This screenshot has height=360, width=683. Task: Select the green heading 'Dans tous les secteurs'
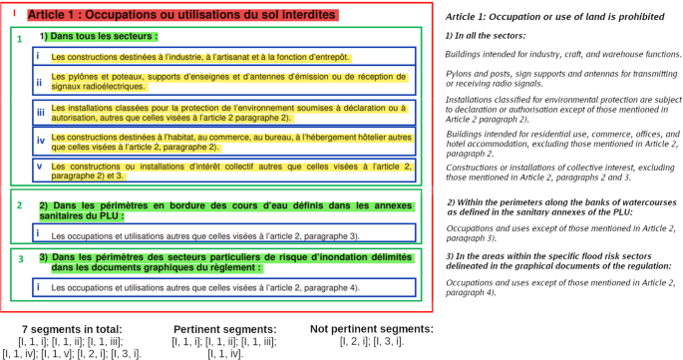tap(104, 36)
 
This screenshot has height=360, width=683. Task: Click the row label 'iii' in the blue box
tap(39, 112)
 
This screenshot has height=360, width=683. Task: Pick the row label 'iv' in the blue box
tap(39, 140)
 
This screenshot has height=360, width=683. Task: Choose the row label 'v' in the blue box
tap(38, 166)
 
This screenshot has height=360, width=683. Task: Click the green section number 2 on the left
tap(19, 204)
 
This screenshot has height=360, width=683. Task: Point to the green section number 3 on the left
tap(19, 258)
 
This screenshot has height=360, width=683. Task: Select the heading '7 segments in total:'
tap(73, 329)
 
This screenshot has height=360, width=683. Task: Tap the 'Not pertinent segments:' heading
tap(371, 329)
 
